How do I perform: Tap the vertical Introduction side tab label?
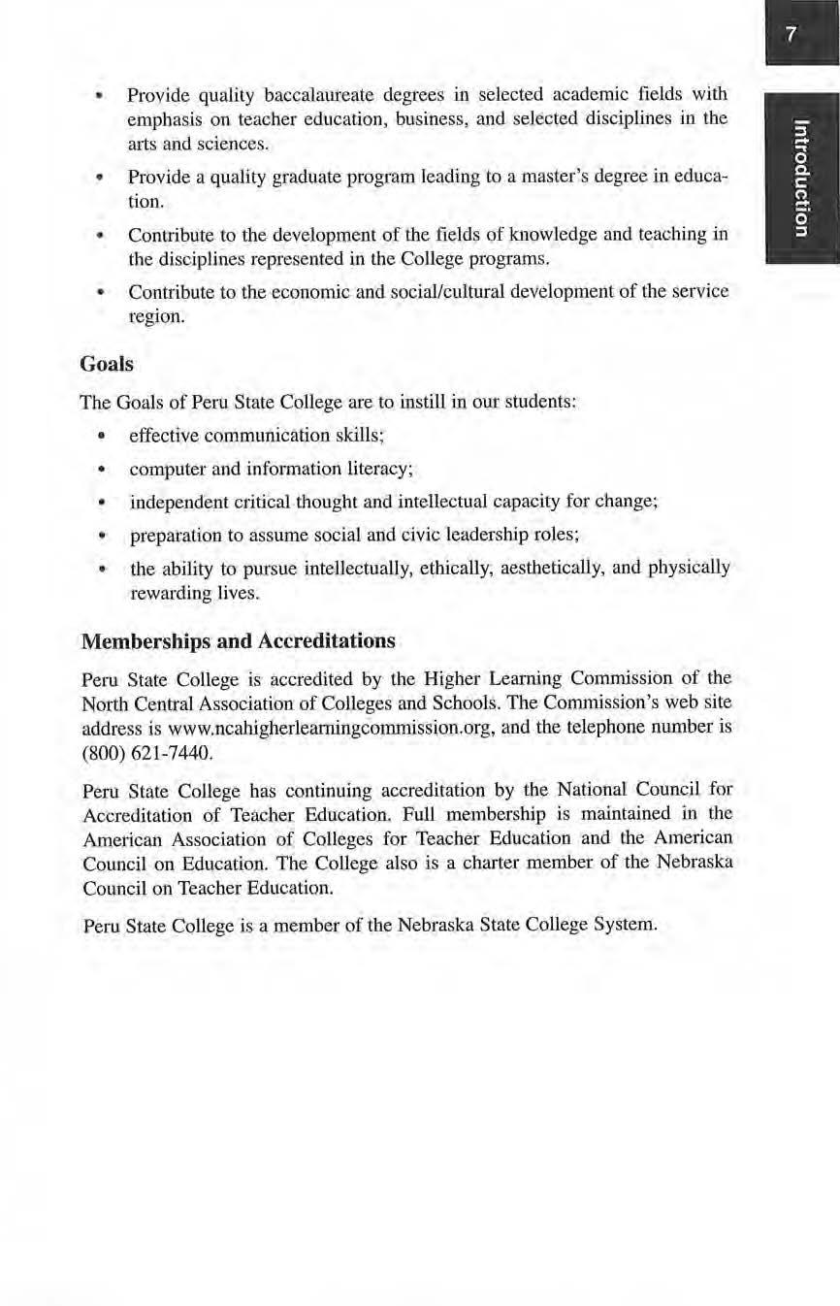[x=799, y=177]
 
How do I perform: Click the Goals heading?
[x=107, y=365]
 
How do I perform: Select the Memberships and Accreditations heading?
[x=239, y=641]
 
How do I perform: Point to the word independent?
[x=179, y=503]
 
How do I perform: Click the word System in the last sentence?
[x=627, y=925]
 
